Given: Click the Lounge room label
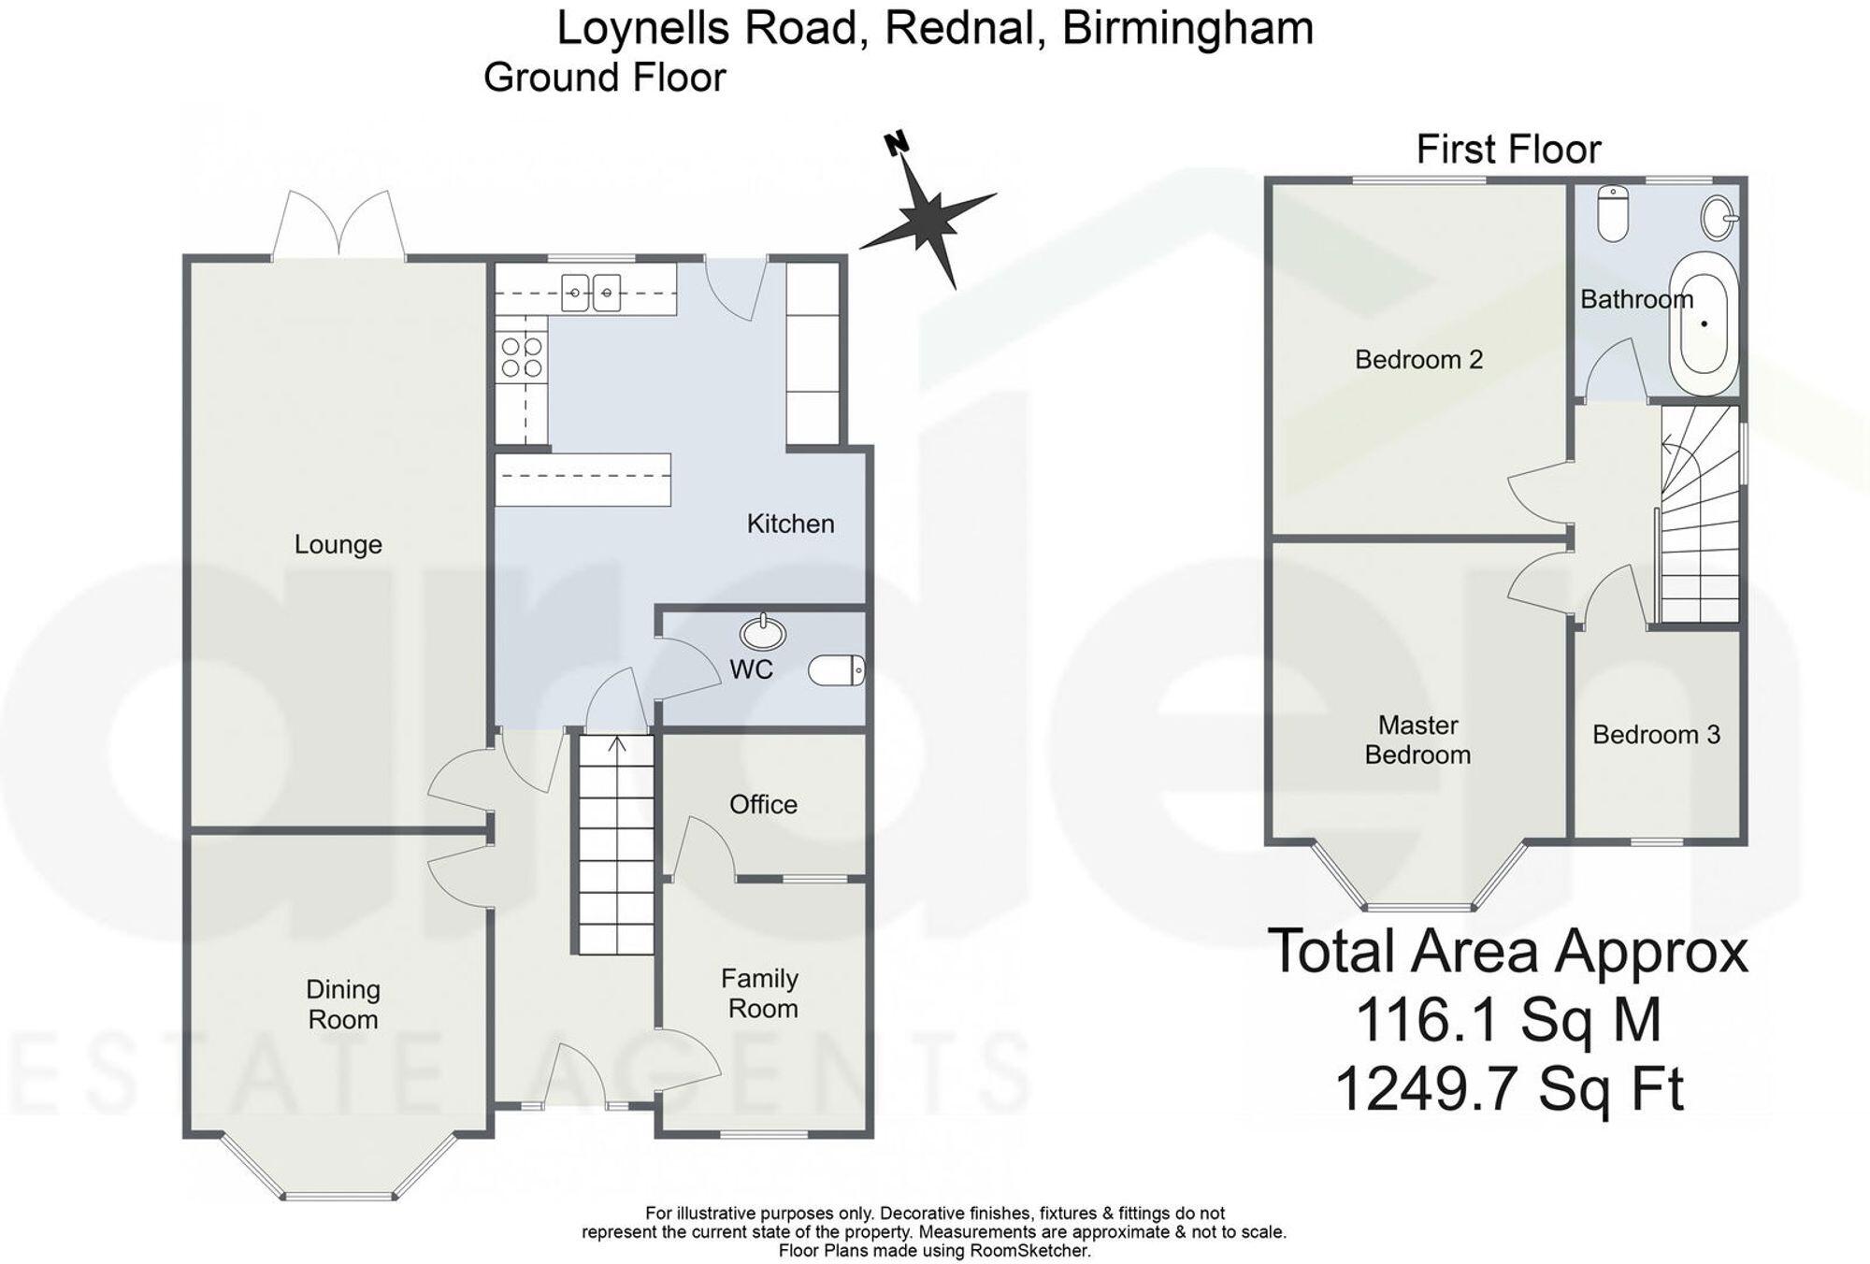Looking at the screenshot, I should tap(338, 544).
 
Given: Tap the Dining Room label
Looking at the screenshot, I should tap(342, 1004).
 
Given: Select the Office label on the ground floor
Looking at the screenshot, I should tap(763, 804).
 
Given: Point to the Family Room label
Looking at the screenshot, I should tap(760, 993).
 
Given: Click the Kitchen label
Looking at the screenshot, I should tap(790, 524).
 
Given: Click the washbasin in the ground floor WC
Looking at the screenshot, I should tap(763, 634).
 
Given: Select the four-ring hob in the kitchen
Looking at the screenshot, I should tap(522, 357).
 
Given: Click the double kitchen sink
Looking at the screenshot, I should tap(591, 293).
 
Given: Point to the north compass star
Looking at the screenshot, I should tap(926, 220).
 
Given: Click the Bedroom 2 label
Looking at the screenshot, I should tap(1418, 359).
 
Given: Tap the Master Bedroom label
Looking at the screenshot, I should tap(1417, 740).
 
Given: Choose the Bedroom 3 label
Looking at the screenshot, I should tap(1656, 735).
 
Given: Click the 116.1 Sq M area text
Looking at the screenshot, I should tap(1507, 1020).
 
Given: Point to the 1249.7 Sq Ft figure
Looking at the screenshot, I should tap(1507, 1089).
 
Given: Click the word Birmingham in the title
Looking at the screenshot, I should tap(1187, 28).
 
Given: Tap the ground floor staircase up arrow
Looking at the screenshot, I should tap(617, 745).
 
